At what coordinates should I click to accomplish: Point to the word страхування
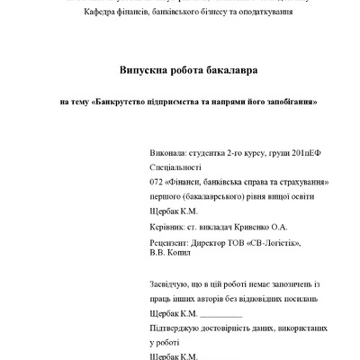(298, 182)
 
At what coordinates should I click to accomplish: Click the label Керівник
(164, 229)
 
